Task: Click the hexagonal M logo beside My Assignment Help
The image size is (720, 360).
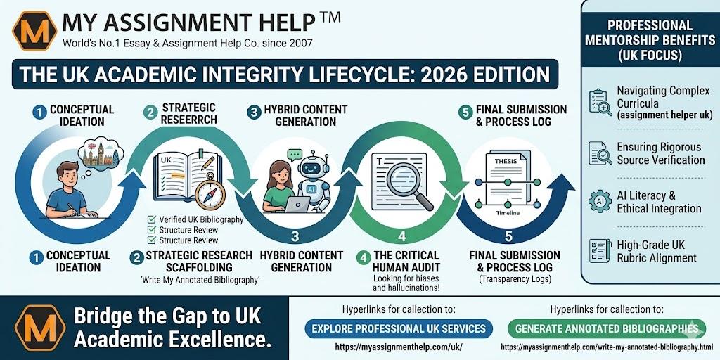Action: [34, 31]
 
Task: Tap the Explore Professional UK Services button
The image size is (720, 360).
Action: [399, 328]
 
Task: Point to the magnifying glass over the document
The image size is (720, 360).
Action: [409, 186]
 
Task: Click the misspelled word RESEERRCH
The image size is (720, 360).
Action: [189, 120]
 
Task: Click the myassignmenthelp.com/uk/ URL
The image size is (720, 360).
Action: [399, 347]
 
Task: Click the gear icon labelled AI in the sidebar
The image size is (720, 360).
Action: [600, 201]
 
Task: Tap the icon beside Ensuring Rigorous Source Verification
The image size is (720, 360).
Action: [600, 153]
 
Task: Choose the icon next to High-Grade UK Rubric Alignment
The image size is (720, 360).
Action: [600, 251]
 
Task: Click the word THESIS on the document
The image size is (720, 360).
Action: [506, 161]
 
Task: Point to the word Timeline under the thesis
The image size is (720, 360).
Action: [508, 213]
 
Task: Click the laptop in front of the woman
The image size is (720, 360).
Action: [297, 205]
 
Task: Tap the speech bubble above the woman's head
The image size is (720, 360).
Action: [295, 154]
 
